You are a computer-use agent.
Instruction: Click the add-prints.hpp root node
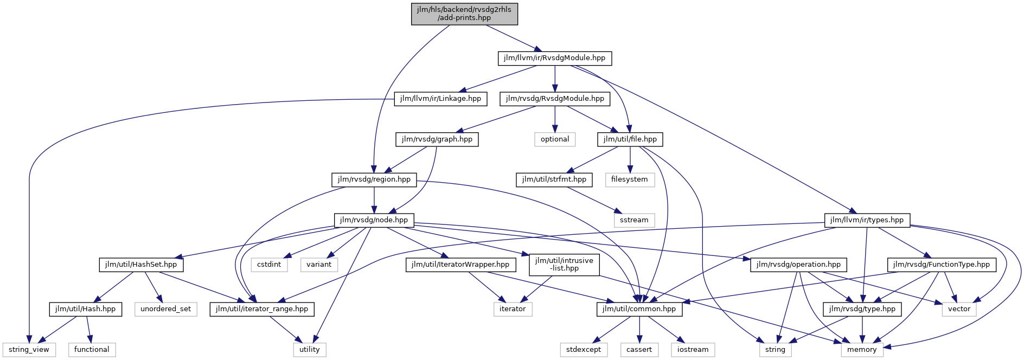coord(464,14)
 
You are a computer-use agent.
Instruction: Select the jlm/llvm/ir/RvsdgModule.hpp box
coord(554,58)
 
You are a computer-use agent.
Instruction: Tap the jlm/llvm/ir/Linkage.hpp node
coord(440,99)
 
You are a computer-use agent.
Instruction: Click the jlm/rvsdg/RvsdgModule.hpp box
coord(555,99)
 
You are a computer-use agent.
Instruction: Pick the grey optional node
coord(555,139)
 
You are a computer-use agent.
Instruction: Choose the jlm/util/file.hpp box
coord(630,139)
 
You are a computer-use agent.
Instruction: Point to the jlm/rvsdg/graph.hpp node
coord(437,139)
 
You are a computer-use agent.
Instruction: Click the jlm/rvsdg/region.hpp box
coord(374,179)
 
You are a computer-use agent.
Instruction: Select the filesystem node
coord(630,179)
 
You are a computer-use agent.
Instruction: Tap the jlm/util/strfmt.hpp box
coord(554,179)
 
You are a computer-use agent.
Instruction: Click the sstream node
coord(634,220)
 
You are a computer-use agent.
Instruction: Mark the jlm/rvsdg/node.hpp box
coord(374,220)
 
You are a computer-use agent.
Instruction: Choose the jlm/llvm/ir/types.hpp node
coord(867,220)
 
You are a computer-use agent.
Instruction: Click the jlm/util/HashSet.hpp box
coord(141,265)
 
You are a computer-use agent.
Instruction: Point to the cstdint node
coord(269,265)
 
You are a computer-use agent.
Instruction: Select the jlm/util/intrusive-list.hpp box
coord(564,265)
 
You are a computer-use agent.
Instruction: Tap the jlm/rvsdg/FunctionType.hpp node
coord(942,265)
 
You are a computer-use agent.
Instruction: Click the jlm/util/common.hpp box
coord(640,309)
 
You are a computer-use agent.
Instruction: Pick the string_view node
coord(29,350)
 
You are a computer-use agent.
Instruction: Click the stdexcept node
coord(584,350)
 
